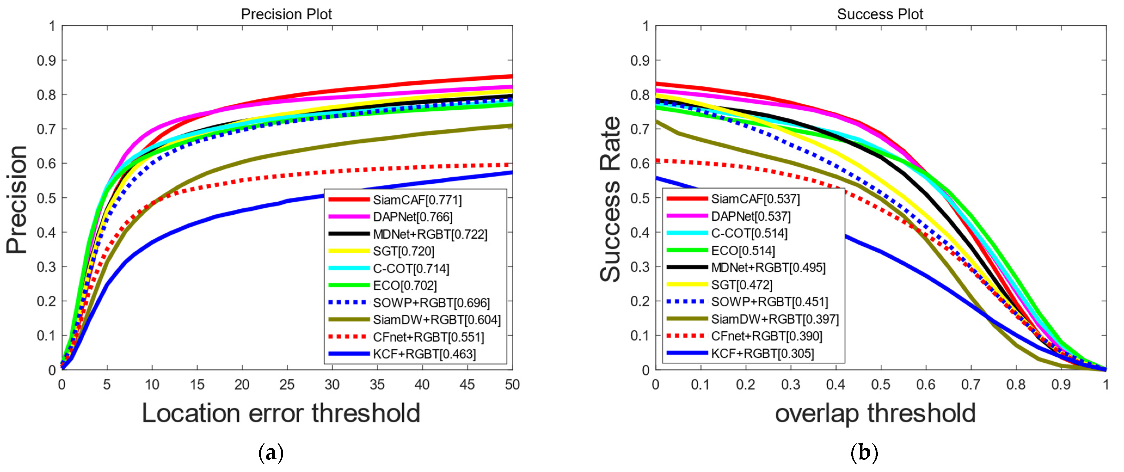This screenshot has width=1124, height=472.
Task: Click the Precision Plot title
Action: (x=286, y=14)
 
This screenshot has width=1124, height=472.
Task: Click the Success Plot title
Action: (x=880, y=14)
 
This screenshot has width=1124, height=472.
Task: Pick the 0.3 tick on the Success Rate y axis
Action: (x=640, y=267)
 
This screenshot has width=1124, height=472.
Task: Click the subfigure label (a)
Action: (x=271, y=454)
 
